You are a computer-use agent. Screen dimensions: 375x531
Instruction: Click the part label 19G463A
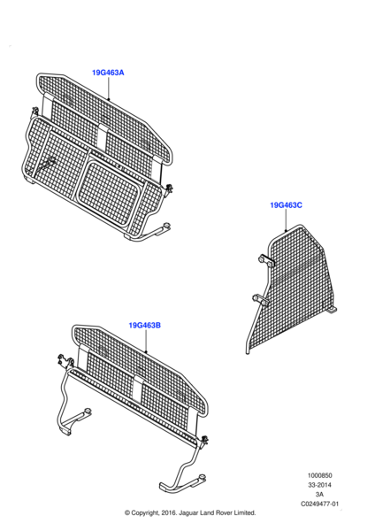(x=108, y=73)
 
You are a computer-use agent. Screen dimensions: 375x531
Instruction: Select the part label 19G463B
(x=144, y=326)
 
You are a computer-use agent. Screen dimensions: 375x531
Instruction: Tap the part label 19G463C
(x=286, y=205)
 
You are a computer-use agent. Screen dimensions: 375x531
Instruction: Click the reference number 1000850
(x=319, y=475)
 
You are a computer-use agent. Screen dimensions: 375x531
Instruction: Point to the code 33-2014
(x=319, y=485)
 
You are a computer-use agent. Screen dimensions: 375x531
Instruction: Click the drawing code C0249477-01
(x=319, y=504)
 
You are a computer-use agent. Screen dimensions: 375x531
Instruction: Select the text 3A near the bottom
(x=319, y=495)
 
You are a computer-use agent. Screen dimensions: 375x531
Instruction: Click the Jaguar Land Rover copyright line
(x=190, y=513)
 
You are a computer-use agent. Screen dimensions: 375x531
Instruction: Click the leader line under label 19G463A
(x=108, y=88)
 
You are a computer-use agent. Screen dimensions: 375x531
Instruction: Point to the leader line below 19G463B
(x=146, y=341)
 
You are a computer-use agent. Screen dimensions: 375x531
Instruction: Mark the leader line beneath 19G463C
(x=286, y=220)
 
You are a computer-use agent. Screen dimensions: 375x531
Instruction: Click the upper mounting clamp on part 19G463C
(x=266, y=261)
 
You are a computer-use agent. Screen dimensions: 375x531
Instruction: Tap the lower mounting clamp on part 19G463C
(x=261, y=300)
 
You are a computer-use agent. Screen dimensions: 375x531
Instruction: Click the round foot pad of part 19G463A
(x=166, y=226)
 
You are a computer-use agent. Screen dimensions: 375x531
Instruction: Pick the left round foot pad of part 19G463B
(x=88, y=412)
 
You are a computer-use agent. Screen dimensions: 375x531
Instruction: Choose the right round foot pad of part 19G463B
(x=202, y=477)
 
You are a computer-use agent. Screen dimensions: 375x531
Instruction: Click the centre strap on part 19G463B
(x=137, y=389)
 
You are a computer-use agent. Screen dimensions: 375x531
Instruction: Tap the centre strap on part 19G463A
(x=103, y=137)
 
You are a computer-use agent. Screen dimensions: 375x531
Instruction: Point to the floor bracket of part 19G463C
(x=332, y=310)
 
